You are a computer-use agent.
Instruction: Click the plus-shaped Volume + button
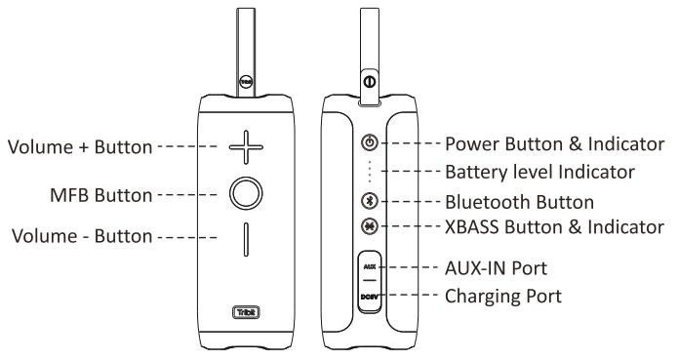pos(246,147)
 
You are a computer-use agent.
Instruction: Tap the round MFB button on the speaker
pos(246,178)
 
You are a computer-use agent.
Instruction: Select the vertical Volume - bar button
pos(246,240)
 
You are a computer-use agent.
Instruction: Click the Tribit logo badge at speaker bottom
pos(247,312)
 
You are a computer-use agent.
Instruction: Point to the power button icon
pos(370,142)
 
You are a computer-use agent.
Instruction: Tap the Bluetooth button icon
pos(370,201)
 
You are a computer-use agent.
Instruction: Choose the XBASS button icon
pos(370,225)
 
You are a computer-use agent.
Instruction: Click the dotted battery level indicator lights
pos(370,172)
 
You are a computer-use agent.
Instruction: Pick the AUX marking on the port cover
pos(370,267)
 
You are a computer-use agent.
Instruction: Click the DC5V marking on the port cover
pos(370,297)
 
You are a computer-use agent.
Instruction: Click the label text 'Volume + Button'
pos(80,147)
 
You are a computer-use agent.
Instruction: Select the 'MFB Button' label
pos(101,195)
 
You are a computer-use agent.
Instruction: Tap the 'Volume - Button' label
pos(82,236)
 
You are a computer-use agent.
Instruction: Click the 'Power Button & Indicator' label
pos(555,143)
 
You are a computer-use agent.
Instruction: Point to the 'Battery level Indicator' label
pos(540,172)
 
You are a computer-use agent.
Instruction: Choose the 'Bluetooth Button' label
pos(520,202)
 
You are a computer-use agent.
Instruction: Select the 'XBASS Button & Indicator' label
pos(555,226)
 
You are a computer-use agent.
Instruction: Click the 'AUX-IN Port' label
pos(497,268)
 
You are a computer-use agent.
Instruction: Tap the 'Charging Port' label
pos(503,297)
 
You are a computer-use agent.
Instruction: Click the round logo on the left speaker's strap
pos(246,81)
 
